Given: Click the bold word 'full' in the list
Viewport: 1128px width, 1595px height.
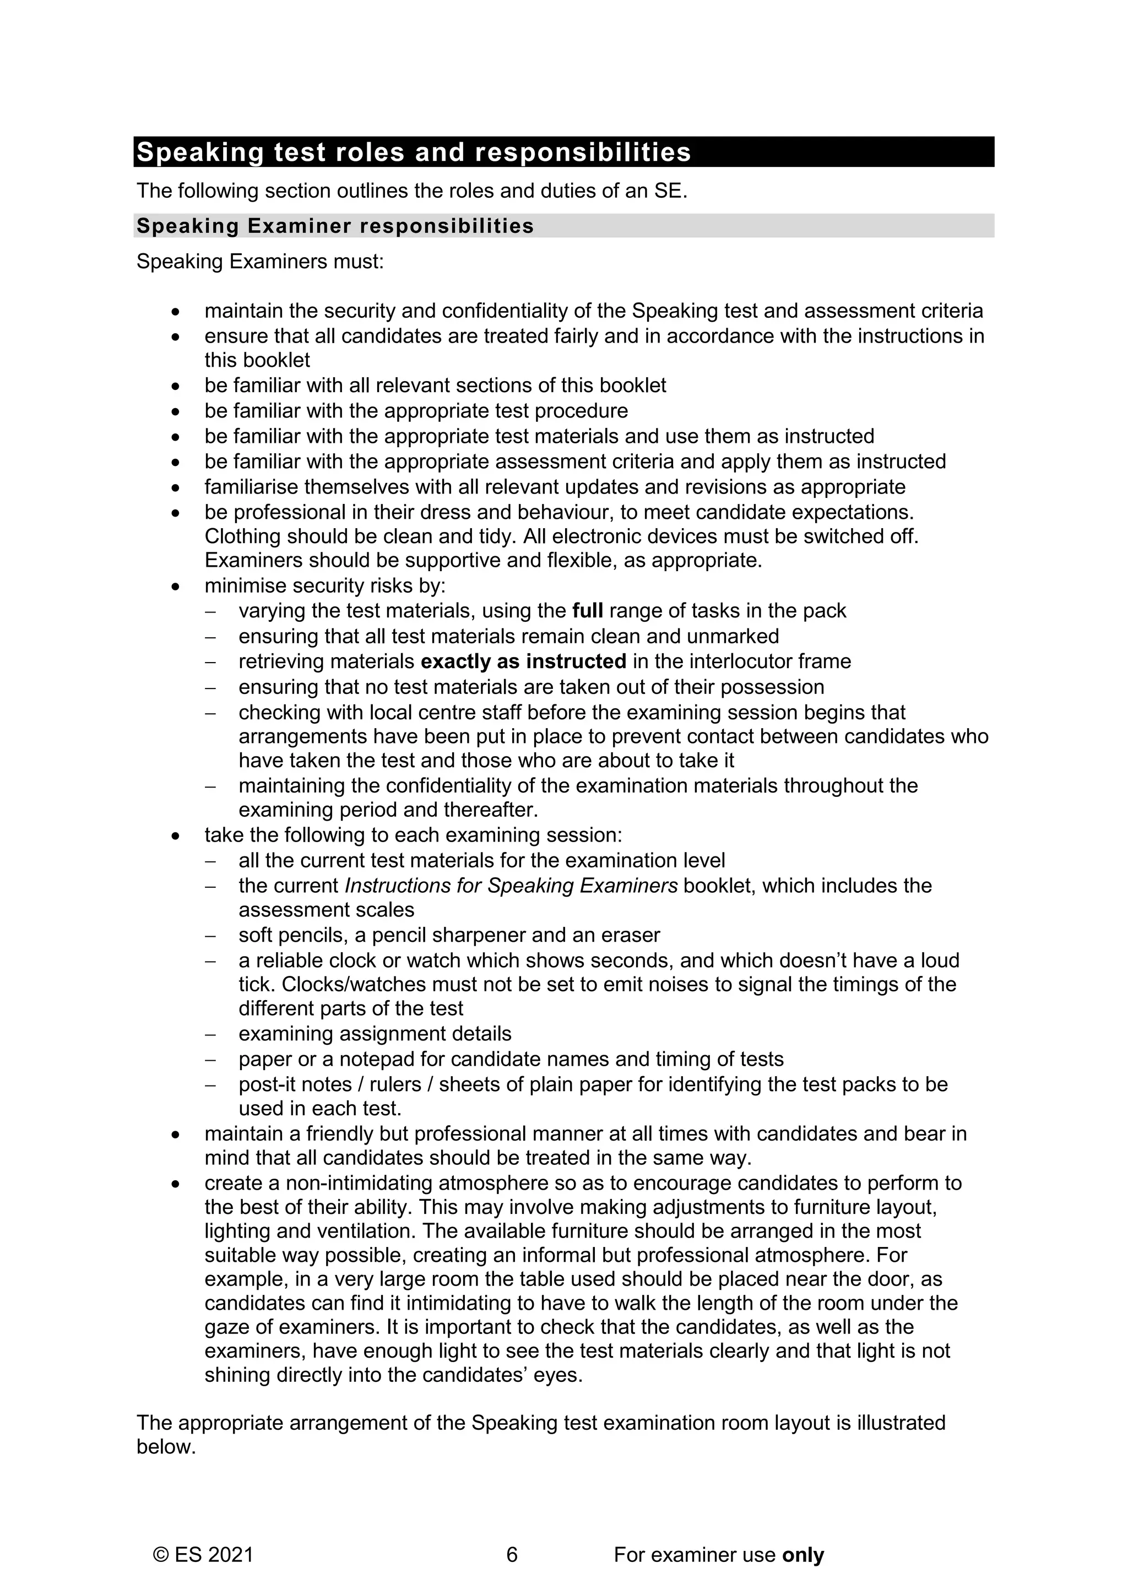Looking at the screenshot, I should (587, 611).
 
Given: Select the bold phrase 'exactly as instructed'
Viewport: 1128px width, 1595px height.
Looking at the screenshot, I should (523, 661).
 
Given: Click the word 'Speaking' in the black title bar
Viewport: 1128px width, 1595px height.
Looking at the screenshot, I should (199, 152).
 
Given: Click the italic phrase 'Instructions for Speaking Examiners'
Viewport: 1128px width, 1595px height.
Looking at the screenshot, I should (511, 886).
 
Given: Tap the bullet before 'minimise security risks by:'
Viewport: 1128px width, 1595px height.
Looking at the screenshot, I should (176, 587).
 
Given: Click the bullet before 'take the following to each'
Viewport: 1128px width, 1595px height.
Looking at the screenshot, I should (176, 835).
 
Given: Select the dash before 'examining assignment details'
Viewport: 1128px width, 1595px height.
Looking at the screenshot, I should (211, 1034).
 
